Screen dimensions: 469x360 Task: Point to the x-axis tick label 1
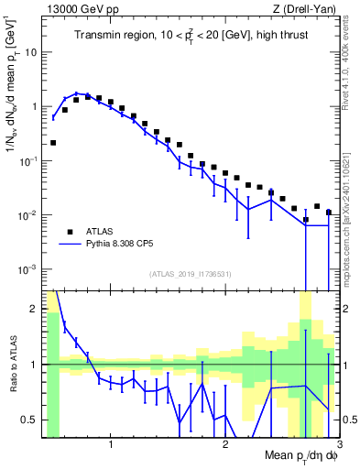111,446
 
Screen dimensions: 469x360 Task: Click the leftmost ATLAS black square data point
53,143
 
